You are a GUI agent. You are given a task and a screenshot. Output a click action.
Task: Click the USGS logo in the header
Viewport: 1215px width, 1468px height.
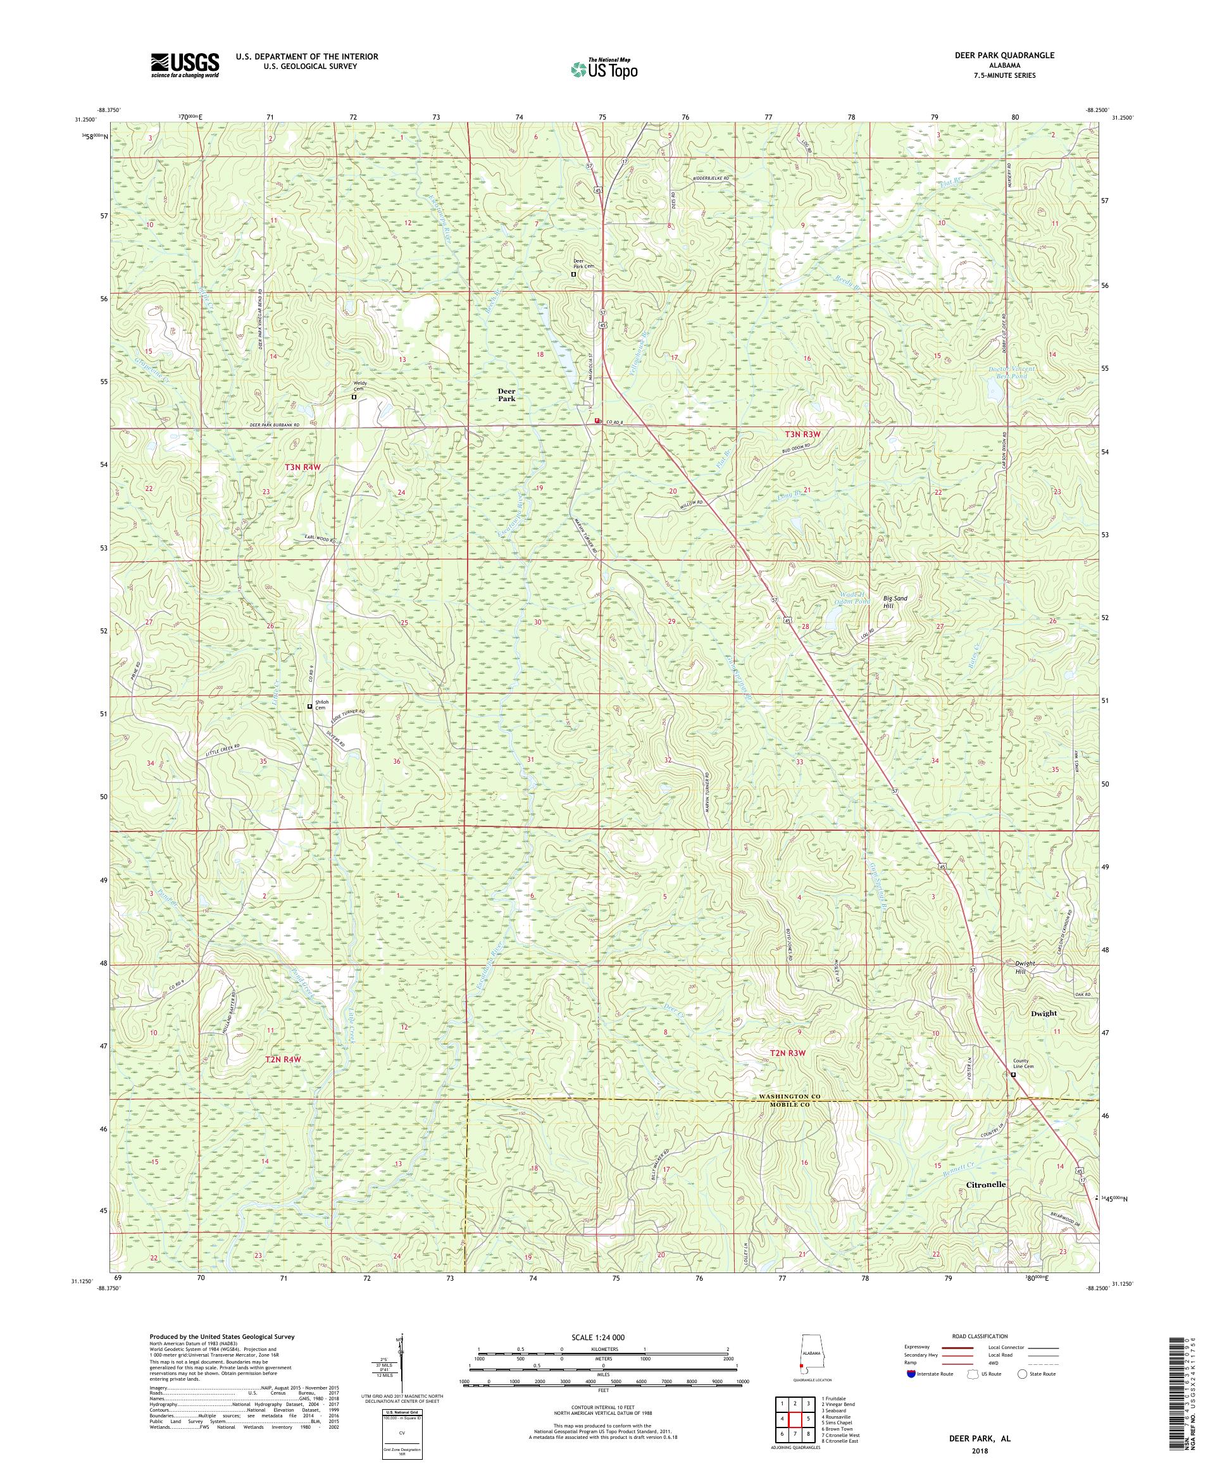[185, 66]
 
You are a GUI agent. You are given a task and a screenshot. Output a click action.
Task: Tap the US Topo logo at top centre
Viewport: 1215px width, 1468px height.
[604, 68]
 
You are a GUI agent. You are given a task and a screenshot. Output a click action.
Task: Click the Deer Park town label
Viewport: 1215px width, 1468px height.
[506, 394]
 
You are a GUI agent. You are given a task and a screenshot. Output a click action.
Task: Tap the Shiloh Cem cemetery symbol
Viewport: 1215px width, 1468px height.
[309, 707]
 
